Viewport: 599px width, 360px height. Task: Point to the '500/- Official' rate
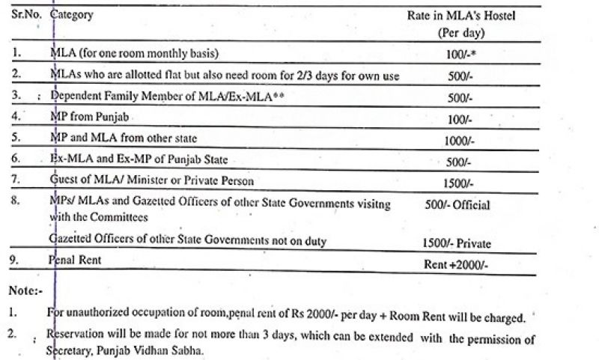point(457,204)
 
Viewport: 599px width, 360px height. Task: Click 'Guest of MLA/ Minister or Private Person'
point(152,180)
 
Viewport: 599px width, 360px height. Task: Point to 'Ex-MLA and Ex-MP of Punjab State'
point(139,160)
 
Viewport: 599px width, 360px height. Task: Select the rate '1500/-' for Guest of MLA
point(458,182)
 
